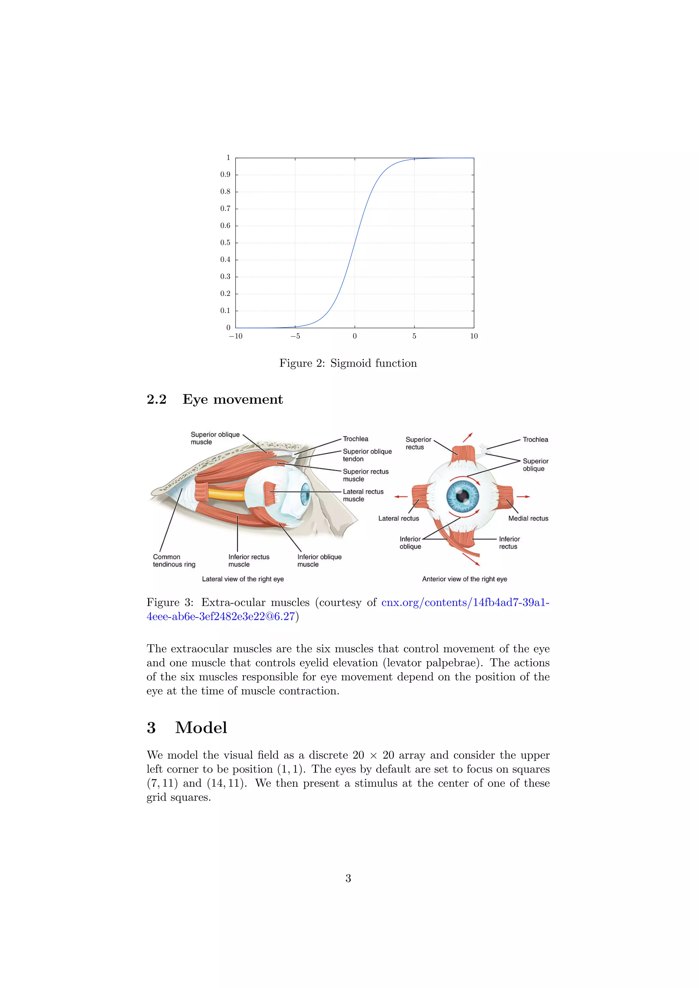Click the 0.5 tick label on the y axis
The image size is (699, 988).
pos(225,243)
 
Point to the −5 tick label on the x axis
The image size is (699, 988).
pos(295,336)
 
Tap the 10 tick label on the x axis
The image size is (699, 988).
pos(473,336)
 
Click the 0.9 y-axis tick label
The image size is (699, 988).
pos(225,175)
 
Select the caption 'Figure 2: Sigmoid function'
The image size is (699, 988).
pos(348,363)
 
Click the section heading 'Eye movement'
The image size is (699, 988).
pos(232,399)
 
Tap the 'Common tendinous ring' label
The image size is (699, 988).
pos(174,560)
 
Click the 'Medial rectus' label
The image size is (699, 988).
pos(528,519)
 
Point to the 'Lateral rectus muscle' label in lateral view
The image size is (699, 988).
pos(363,495)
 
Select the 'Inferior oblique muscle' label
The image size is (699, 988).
pos(319,560)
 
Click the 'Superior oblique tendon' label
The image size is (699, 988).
pos(367,455)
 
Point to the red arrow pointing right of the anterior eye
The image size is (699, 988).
pos(523,497)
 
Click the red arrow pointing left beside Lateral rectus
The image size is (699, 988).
pos(401,497)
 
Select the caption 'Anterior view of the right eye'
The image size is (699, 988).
pos(465,579)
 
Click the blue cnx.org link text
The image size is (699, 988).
pos(465,602)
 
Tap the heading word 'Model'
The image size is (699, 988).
pos(201,728)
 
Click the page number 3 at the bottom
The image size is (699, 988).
pos(348,878)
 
